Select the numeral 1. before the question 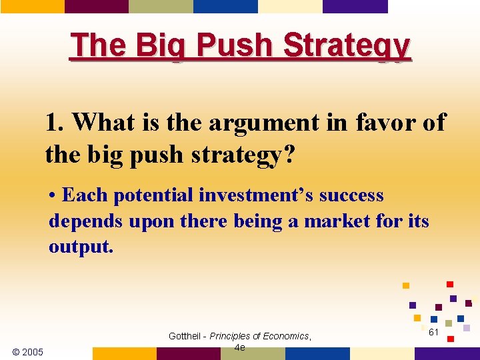tap(55, 123)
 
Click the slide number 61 tap(433, 332)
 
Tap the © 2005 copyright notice tap(28, 352)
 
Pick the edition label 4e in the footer tap(240, 347)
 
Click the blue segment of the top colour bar tap(225, 6)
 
